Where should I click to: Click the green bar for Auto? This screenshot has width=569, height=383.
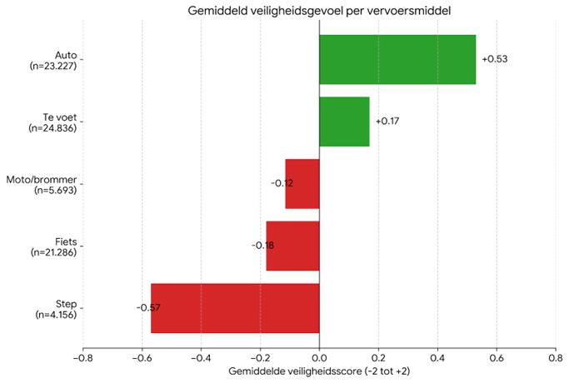397,59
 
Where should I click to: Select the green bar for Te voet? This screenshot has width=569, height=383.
344,122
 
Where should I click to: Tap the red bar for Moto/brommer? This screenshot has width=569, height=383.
302,183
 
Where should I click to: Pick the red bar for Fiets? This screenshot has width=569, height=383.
292,246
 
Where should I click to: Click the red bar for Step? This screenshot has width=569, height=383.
235,308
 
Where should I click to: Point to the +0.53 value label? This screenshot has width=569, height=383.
495,59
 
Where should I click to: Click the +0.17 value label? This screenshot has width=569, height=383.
387,122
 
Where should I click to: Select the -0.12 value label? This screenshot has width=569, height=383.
282,183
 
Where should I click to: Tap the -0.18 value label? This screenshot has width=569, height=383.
262,246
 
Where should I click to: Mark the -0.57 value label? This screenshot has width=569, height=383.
148,308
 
